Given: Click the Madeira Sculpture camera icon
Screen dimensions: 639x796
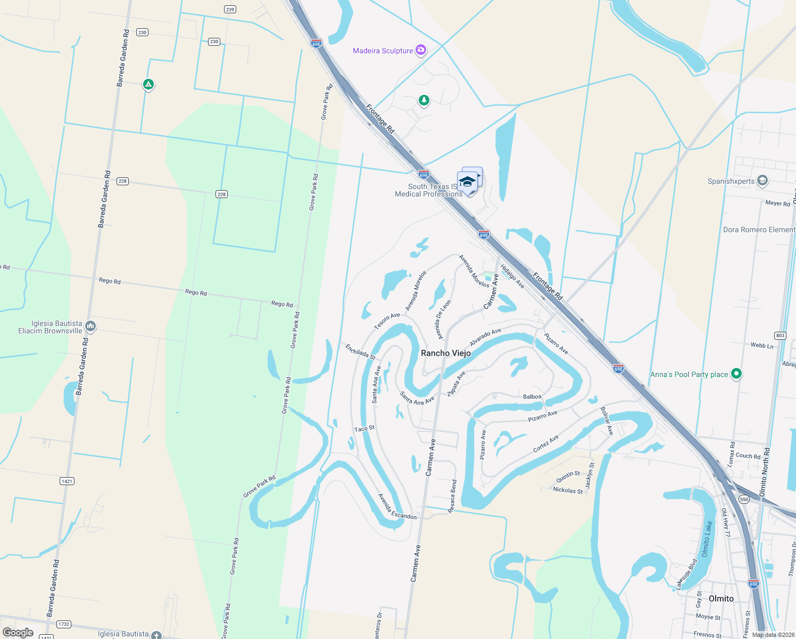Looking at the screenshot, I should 421,50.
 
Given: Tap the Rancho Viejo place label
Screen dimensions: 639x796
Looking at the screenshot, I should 446,353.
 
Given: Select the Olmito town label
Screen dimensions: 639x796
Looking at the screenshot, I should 721,599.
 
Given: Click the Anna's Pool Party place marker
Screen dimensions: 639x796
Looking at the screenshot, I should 736,374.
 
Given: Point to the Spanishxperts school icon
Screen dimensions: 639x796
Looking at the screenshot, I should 762,181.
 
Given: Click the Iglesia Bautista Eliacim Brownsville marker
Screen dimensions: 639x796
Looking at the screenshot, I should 90,326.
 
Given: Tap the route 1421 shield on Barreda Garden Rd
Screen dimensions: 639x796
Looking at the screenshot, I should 67,481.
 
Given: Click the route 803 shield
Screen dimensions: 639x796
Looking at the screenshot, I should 780,335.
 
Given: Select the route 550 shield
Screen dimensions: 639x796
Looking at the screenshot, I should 744,499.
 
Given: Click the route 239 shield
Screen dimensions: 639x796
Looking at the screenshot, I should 230,10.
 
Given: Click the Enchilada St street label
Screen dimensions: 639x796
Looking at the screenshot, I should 360,351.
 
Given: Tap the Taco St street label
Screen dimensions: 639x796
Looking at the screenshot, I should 364,429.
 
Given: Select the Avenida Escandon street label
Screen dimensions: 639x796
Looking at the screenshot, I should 397,507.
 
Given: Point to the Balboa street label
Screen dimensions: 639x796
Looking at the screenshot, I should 532,397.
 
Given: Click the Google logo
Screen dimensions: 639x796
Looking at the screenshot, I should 18,632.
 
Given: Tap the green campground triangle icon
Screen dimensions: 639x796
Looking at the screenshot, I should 148,84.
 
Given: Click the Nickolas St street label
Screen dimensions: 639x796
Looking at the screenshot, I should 568,490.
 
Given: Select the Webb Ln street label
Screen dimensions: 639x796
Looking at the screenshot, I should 762,346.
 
